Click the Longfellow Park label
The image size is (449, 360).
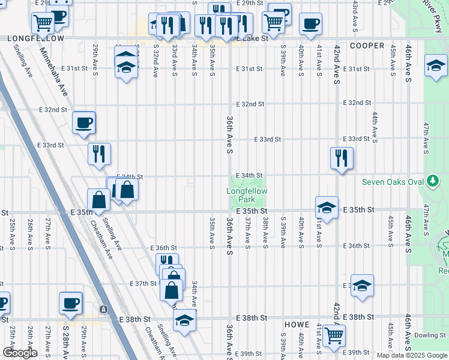pos(247,195)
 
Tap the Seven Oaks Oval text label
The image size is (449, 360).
pos(393,182)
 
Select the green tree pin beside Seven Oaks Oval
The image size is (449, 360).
pos(432,181)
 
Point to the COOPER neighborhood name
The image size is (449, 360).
pos(367,46)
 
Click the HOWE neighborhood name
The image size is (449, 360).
pos(297,324)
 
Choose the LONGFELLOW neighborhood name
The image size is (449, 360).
pos(35,38)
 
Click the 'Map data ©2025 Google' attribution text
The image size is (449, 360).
pos(411,355)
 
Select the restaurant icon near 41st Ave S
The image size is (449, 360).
pos(342,158)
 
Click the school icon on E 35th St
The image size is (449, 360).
pos(327,207)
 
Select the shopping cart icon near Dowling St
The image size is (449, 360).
pos(334,335)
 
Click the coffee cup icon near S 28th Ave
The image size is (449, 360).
pos(70,302)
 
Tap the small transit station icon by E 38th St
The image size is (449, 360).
pos(104,309)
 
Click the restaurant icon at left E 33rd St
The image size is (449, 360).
pos(99,154)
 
